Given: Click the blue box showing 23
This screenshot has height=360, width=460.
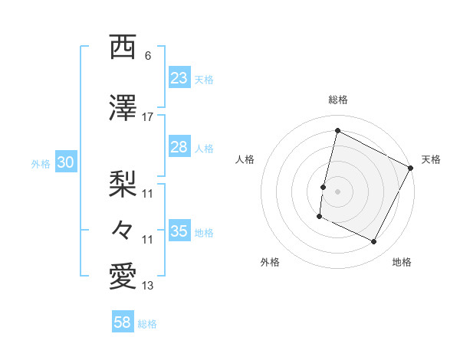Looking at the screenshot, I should (x=179, y=78).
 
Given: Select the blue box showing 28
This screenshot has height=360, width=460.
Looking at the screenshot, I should (x=179, y=147).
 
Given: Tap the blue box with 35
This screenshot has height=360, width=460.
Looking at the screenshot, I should (x=179, y=231).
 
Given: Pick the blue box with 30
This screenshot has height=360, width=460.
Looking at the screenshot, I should (x=65, y=163).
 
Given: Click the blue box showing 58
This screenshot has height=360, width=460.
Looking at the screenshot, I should (x=123, y=322).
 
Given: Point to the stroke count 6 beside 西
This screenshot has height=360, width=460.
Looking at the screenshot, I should (x=148, y=56).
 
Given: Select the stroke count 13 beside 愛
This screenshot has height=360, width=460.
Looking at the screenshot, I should (x=148, y=286).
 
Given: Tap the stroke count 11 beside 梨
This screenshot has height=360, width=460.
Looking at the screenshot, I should (x=148, y=193).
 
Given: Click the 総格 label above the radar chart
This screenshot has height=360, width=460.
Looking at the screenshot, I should (x=337, y=100).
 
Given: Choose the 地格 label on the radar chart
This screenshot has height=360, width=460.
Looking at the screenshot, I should (x=402, y=262).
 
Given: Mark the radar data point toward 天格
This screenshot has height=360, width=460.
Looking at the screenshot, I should (x=412, y=168).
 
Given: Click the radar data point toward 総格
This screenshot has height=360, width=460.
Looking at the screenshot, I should (x=337, y=131).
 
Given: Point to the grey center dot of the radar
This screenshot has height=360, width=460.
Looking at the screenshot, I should (x=337, y=191).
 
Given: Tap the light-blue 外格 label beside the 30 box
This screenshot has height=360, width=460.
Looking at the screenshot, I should (x=41, y=164).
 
